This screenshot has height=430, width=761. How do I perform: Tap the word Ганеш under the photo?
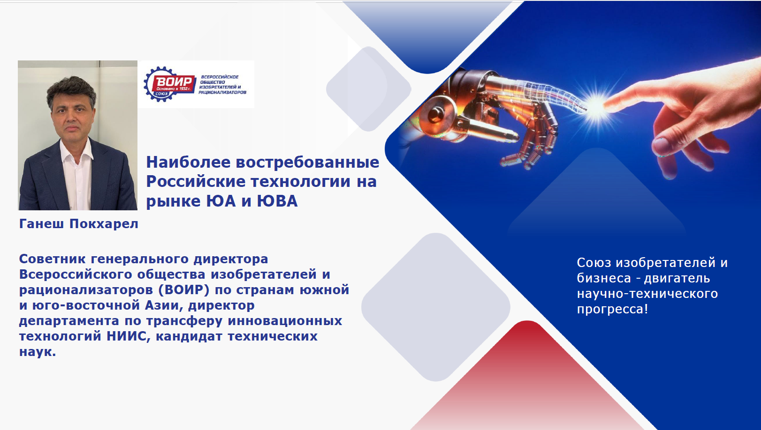click(x=41, y=224)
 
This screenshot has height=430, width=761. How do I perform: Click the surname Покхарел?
click(x=104, y=224)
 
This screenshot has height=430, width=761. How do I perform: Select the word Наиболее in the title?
click(x=188, y=162)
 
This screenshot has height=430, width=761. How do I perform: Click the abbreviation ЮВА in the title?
click(x=277, y=201)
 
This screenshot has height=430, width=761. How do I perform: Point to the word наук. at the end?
click(x=38, y=352)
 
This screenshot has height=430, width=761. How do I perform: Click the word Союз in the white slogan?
click(x=594, y=263)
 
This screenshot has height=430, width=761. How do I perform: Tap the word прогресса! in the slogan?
click(x=613, y=310)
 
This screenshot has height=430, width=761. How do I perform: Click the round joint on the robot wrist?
click(x=436, y=115)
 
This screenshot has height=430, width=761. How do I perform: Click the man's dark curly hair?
click(x=71, y=90)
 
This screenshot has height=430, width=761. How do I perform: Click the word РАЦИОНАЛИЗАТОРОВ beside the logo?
click(x=222, y=92)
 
